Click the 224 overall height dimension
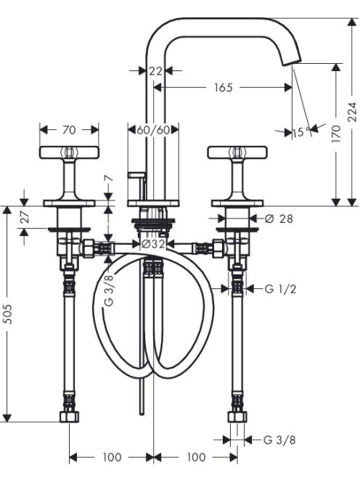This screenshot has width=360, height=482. coord(353,112)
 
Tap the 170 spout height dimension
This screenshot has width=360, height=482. coord(337,133)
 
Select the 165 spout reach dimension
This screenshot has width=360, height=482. coord(224,88)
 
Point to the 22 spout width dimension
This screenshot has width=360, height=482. coord(155,71)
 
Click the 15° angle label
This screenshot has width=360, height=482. coord(302,132)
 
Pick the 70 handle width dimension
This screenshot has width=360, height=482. coord(69,130)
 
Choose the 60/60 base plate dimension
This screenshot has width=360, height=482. coord(153,130)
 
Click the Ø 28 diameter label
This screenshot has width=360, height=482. coord(279,218)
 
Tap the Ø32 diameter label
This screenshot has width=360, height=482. coord(153,244)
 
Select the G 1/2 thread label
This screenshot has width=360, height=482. coord(280,289)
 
